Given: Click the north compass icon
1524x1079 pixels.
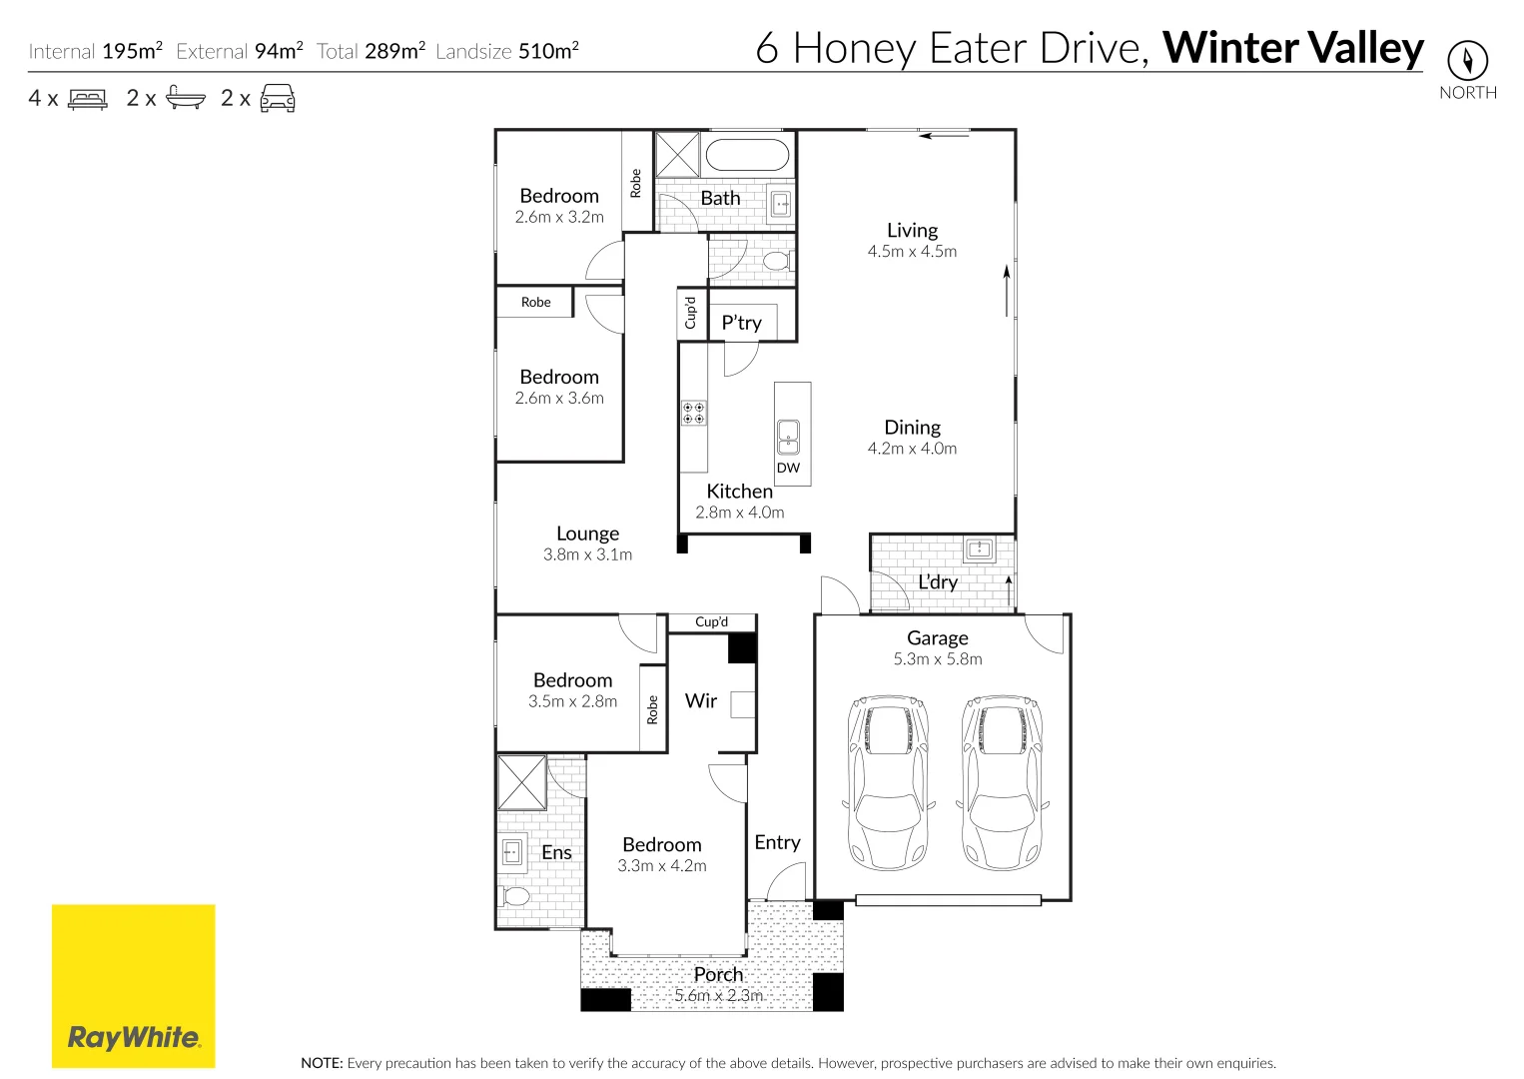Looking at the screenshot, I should (x=1467, y=61).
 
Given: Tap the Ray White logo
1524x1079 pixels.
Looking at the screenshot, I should (x=133, y=986).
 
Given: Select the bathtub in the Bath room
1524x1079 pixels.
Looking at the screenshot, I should (x=747, y=156).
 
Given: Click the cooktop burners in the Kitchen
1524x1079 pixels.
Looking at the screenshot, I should (x=693, y=413).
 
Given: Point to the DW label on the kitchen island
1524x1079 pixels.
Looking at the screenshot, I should (x=788, y=468).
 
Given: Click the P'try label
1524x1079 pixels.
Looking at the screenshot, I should (x=741, y=323).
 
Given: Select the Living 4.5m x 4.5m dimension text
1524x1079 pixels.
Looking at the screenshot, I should (x=912, y=252).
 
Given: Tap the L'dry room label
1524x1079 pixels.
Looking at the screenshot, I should (x=938, y=581).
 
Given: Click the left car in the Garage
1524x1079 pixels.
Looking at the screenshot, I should (x=887, y=782).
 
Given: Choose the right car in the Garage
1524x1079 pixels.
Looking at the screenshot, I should (x=1001, y=782).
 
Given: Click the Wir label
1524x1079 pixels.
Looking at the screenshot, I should (x=701, y=700).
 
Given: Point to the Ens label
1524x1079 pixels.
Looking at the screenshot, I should (x=556, y=852).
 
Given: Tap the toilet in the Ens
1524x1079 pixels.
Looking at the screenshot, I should (x=515, y=895).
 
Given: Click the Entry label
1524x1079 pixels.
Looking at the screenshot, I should (x=777, y=842).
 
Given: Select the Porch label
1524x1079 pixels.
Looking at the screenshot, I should (x=718, y=974).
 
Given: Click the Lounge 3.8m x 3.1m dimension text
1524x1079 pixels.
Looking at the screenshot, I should (x=587, y=554).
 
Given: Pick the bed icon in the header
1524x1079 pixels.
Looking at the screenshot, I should (x=87, y=99).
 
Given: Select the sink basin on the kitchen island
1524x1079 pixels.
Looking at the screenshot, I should (x=788, y=436).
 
